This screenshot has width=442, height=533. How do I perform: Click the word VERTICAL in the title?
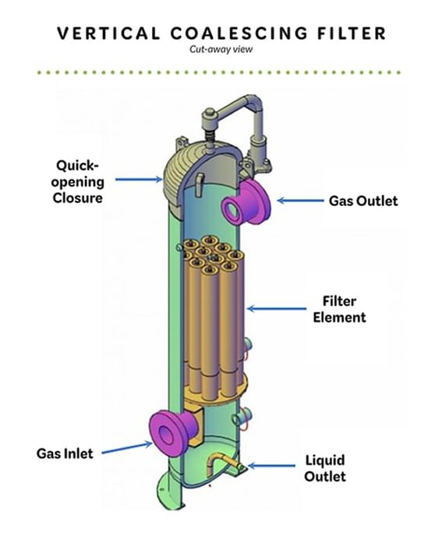coord(108,34)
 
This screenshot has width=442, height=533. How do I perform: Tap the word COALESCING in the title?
coord(239,34)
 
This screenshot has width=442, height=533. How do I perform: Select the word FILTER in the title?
coord(352,34)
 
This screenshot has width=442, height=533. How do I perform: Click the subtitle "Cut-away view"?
coord(221,49)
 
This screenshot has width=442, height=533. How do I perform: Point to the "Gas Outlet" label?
coord(363,201)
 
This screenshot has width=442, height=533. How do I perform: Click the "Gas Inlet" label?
coord(65,453)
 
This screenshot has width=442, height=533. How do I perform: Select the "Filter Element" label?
coord(339,309)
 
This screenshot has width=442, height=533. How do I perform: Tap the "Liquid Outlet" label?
coord(325,468)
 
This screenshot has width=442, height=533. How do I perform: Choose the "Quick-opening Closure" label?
coord(77,182)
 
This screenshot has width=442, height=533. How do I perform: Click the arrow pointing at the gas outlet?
coord(300,201)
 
